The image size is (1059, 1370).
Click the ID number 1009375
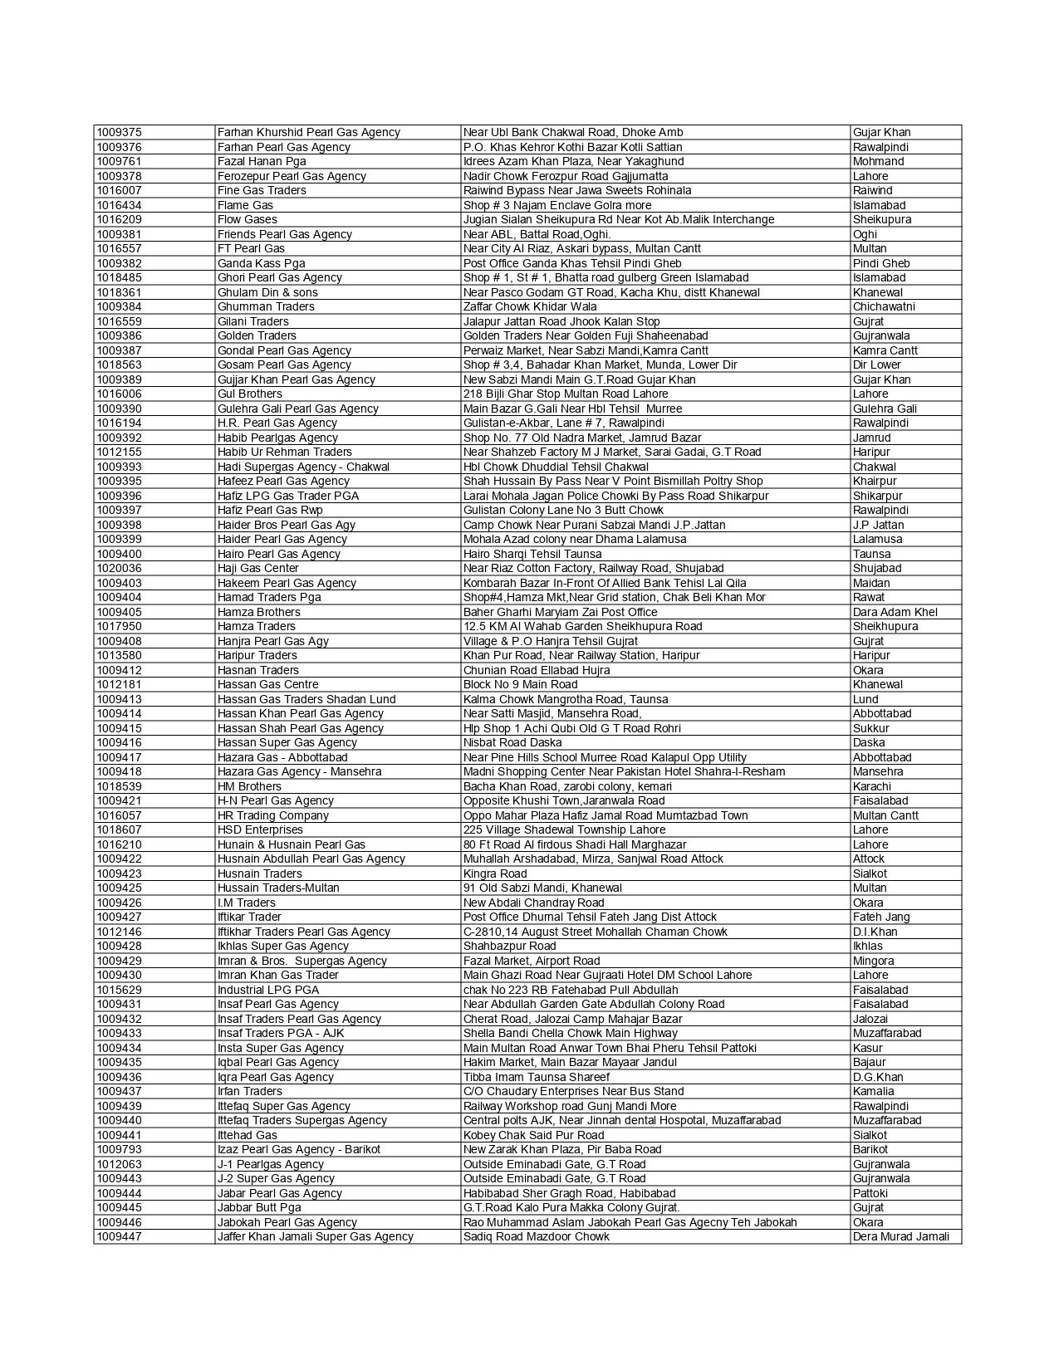119,132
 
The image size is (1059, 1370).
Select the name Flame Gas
245,205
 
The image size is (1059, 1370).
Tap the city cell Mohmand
878,161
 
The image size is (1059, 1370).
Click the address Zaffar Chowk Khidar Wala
530,306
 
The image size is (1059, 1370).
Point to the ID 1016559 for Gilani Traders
119,321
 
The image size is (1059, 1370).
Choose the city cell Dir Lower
876,365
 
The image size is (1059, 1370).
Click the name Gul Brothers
249,394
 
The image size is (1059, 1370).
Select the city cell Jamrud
871,438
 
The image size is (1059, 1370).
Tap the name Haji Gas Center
258,568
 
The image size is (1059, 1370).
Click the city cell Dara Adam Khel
895,612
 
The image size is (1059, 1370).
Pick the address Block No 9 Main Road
520,684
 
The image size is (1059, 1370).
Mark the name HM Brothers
249,786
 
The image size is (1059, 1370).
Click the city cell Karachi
871,786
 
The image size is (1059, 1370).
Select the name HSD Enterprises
260,829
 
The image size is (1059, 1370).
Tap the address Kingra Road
495,873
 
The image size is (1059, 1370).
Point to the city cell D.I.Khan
875,932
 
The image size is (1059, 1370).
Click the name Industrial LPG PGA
268,990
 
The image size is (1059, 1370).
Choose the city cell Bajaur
869,1062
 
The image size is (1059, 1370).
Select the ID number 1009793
119,1149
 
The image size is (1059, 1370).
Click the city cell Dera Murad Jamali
900,1236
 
